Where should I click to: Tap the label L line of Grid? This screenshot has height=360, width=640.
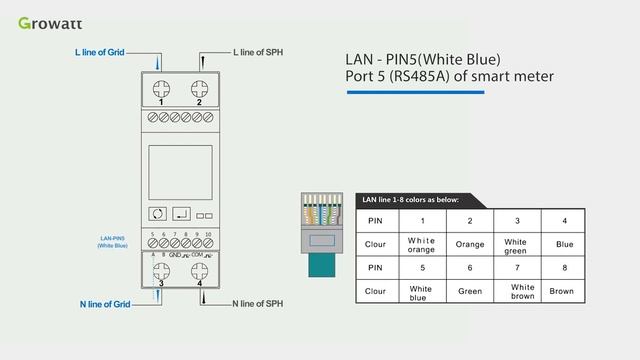100,51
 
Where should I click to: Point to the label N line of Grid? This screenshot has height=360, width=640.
105,303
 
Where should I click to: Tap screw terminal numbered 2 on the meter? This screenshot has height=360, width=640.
200,87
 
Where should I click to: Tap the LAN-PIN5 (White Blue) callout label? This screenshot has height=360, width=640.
113,241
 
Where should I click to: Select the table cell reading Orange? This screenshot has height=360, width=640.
470,244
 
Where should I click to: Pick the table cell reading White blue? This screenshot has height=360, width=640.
422,291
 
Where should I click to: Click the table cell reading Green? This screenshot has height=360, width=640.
470,291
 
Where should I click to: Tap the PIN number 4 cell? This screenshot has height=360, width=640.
564,220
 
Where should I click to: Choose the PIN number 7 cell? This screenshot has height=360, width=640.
517,267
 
